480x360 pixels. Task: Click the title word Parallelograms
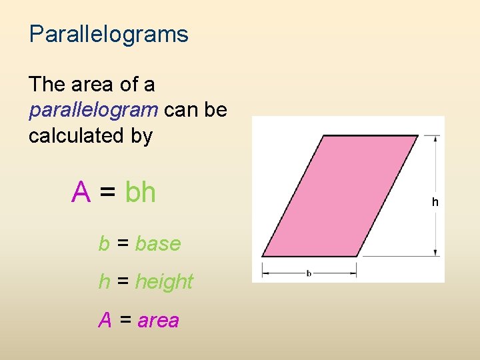pos(109,34)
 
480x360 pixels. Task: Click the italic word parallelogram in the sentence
pos(93,110)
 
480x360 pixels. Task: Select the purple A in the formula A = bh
pos(81,193)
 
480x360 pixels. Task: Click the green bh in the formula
pos(140,193)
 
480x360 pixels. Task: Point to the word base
pos(158,244)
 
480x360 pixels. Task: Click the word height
pos(164,282)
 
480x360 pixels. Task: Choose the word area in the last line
pos(159,321)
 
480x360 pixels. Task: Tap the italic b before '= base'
pos(104,244)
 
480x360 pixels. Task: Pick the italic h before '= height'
pos(104,282)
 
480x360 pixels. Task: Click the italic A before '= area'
pos(105,321)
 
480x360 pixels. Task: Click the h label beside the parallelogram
pos(435,201)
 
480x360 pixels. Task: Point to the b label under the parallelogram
pos(309,273)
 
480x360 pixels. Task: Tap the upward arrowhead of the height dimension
pos(436,139)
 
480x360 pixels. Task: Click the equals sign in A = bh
pos(107,193)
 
